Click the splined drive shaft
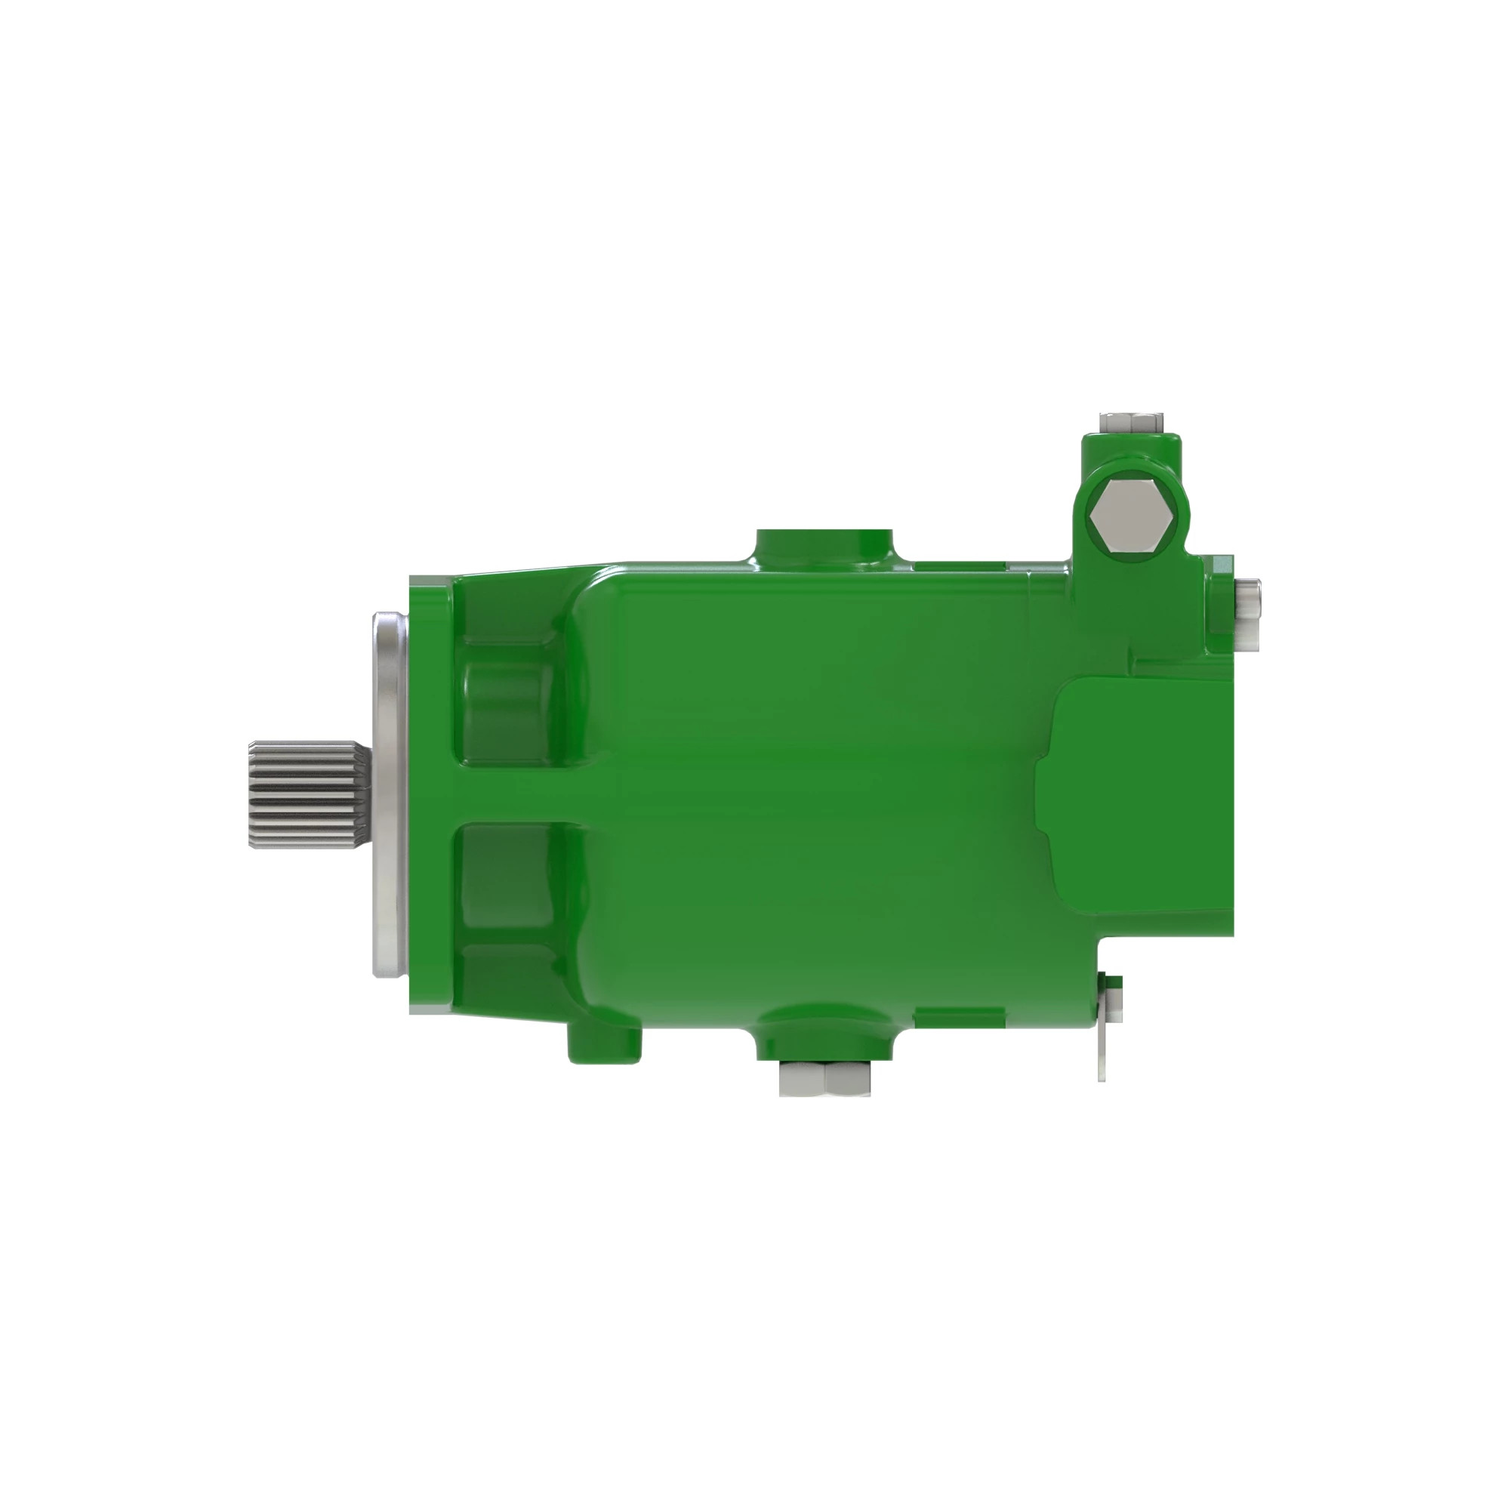[307, 794]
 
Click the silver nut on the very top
[1130, 423]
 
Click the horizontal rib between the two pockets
[516, 794]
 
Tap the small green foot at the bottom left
[604, 1043]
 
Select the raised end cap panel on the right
[1141, 794]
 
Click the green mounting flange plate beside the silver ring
[428, 794]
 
